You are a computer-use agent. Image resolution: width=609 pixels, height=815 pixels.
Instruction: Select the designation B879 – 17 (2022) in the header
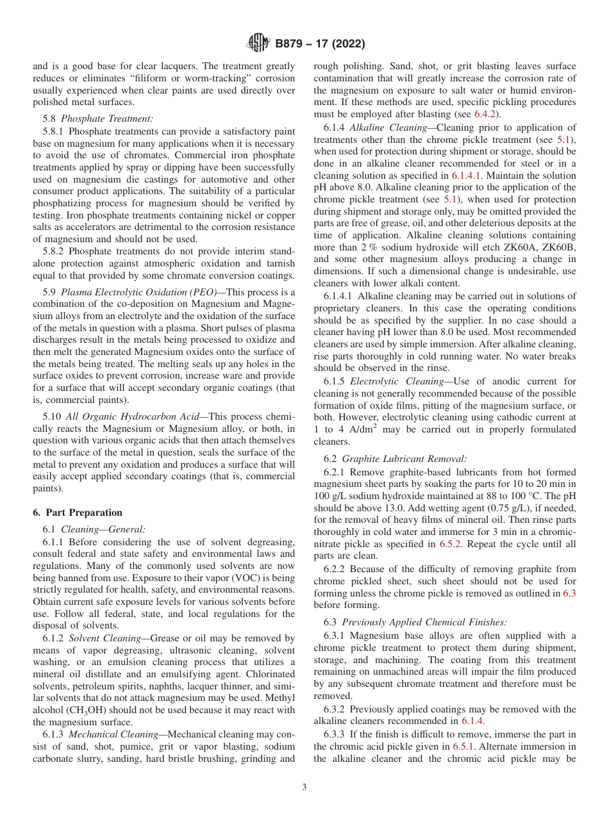click(x=320, y=44)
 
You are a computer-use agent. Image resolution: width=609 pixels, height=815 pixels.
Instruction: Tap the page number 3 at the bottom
click(x=304, y=787)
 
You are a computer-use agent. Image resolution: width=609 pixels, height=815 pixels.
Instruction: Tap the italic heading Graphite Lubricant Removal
click(x=404, y=459)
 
